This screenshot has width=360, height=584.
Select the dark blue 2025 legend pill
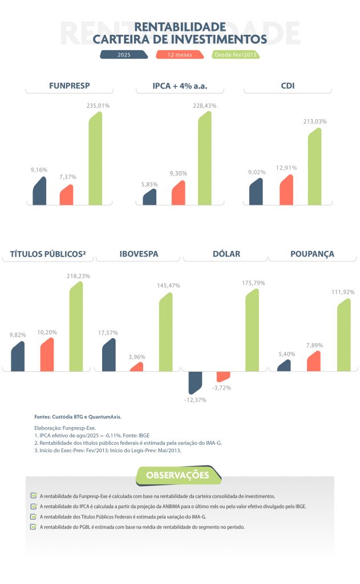click(x=124, y=55)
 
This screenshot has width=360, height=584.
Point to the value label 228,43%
click(x=204, y=106)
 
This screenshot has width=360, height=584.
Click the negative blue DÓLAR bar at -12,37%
click(x=195, y=382)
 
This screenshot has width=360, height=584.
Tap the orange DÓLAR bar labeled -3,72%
click(x=223, y=376)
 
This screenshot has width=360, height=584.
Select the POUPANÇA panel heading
click(x=312, y=254)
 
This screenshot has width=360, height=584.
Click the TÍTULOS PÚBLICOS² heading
click(x=48, y=254)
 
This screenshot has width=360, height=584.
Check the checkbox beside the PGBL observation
click(x=34, y=526)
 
